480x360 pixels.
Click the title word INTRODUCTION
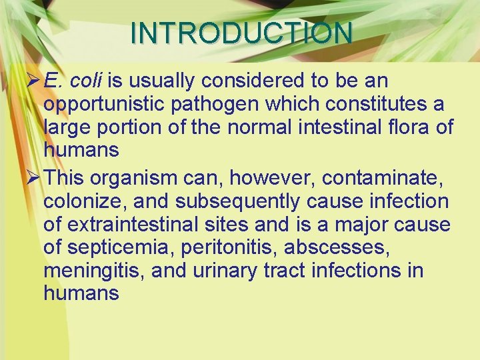(241, 33)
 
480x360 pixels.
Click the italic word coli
(86, 81)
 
